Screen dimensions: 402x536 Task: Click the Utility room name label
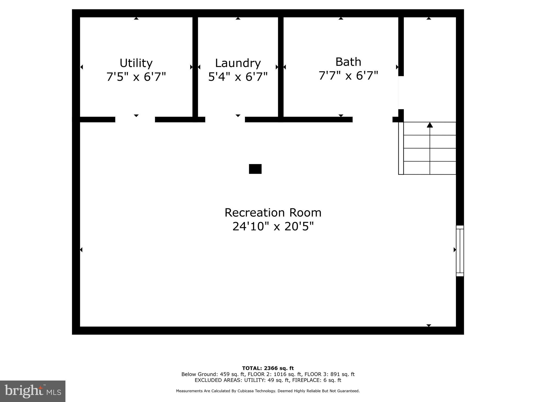[136, 63]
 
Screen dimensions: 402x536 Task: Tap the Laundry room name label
[238, 63]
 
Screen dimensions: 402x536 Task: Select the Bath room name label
[348, 62]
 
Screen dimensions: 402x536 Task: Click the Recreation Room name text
[273, 213]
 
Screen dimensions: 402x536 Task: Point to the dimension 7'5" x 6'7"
[136, 77]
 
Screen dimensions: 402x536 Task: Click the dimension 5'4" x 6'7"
[238, 77]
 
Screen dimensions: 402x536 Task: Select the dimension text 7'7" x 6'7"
[348, 76]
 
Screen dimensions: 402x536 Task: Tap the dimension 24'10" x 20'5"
[273, 226]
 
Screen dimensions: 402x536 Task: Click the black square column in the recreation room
[255, 169]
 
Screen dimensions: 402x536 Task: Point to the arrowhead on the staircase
[430, 125]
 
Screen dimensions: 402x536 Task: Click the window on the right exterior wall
[460, 251]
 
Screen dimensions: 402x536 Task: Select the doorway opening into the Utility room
[135, 120]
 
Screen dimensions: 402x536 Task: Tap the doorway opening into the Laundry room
[225, 120]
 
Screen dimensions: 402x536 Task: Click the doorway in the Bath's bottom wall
[372, 120]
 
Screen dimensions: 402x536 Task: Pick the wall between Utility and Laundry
[195, 68]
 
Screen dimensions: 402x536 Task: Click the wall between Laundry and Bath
[281, 68]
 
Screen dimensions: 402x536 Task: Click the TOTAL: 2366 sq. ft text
[268, 368]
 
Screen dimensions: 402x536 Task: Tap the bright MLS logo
[33, 391]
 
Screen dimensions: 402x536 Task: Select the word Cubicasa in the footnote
[247, 391]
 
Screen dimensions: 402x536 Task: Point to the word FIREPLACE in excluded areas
[305, 380]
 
